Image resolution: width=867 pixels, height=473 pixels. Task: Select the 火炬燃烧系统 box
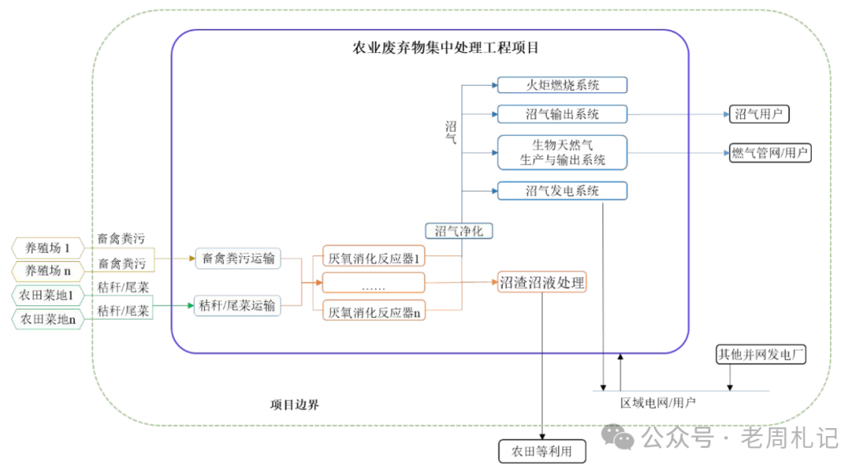click(x=562, y=85)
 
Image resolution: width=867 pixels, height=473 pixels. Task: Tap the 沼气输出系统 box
click(x=562, y=114)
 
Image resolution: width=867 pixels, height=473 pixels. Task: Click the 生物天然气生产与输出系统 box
click(x=562, y=153)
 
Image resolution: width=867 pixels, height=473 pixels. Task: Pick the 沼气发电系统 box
click(x=562, y=191)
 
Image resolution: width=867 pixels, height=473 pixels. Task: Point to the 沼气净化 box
click(x=458, y=231)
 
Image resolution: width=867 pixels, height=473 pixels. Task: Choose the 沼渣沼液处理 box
click(x=542, y=282)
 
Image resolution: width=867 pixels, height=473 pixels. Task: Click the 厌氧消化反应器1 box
click(x=373, y=258)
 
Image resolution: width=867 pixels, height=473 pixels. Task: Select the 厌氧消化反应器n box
click(x=373, y=312)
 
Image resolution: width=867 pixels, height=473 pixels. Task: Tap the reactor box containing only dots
click(x=373, y=283)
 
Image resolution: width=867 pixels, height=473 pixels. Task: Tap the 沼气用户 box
click(x=759, y=114)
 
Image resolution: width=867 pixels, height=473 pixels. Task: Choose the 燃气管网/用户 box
click(x=770, y=153)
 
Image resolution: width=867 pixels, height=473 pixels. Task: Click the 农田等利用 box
click(x=542, y=451)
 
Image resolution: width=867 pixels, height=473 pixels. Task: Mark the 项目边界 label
click(x=295, y=405)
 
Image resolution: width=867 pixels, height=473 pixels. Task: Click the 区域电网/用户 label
click(x=657, y=402)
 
